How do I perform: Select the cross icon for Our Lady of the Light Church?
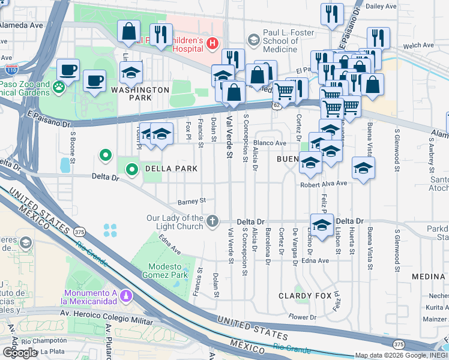[x=212, y=221]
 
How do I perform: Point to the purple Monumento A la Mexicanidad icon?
[x=126, y=295]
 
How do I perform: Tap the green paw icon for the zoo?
[x=59, y=88]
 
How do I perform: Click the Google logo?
[x=20, y=352]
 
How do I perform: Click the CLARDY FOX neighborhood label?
[x=304, y=296]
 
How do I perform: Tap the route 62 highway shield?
[x=276, y=106]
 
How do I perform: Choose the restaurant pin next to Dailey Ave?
[x=332, y=14]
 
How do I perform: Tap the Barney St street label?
[x=191, y=201]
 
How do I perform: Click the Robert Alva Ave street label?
[x=324, y=184]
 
